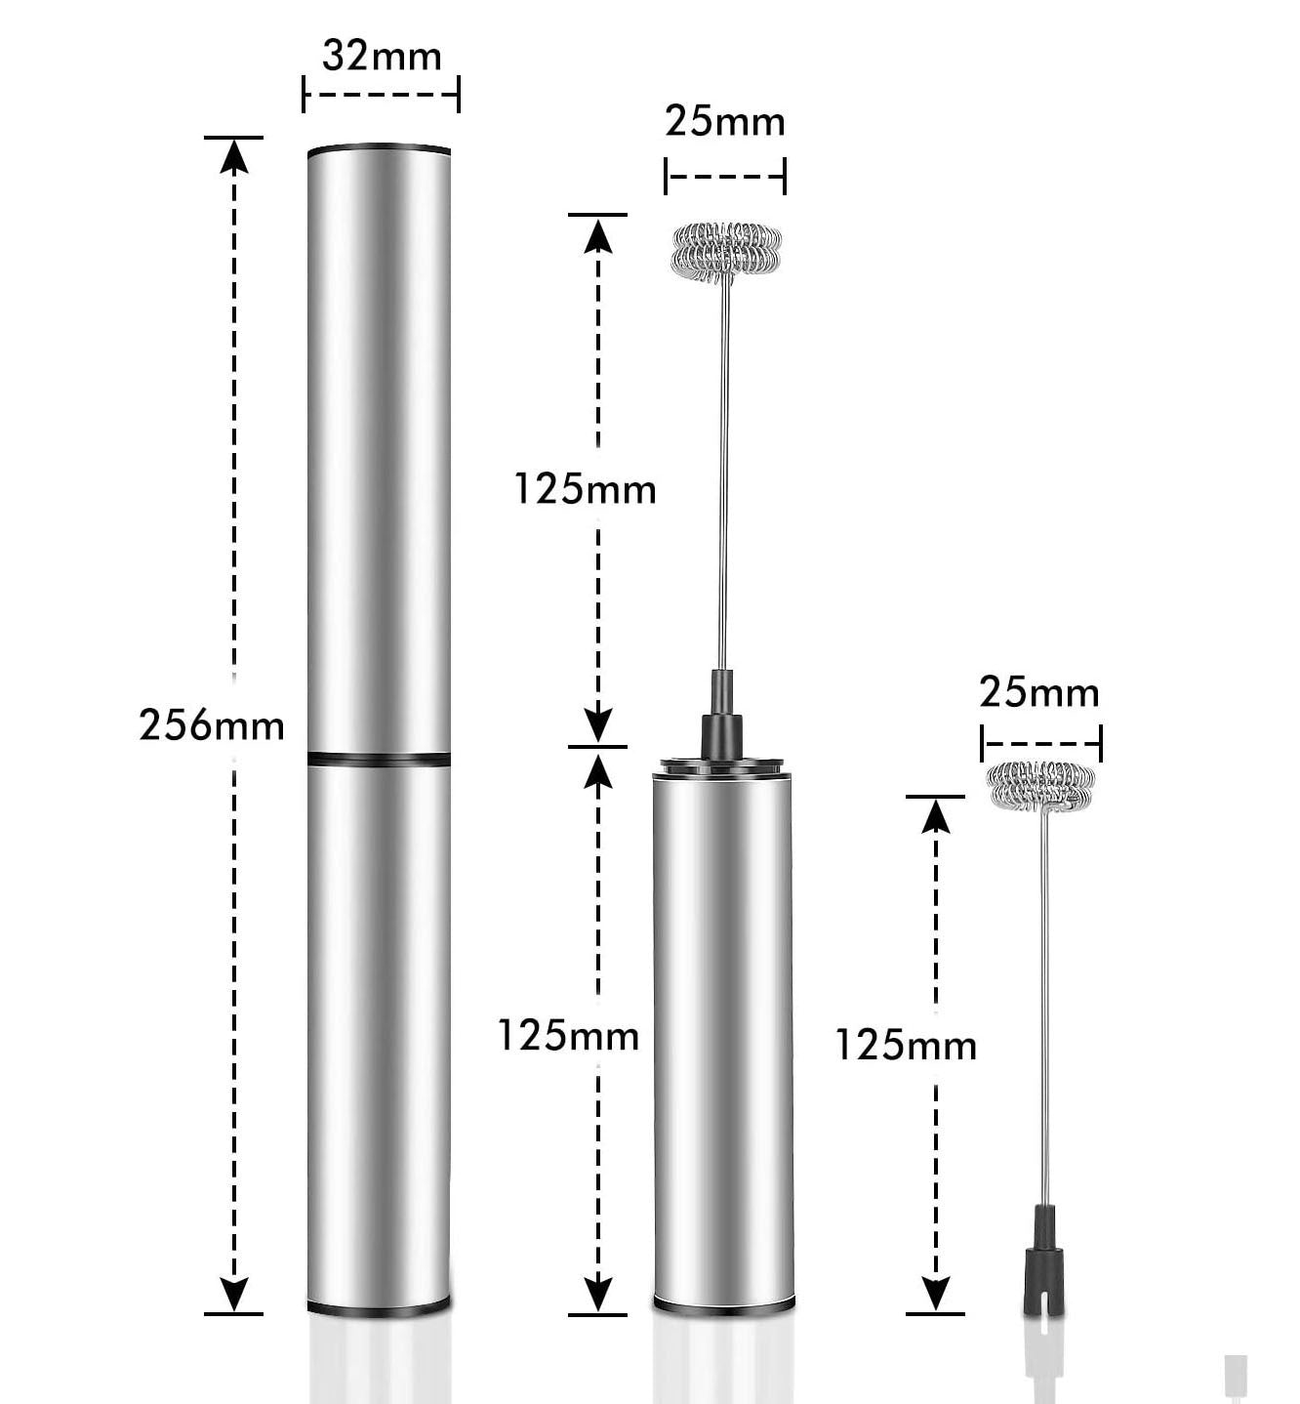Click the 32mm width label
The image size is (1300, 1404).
click(x=382, y=56)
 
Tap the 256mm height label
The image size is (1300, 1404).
click(x=212, y=725)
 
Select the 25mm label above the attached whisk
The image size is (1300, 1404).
click(x=725, y=121)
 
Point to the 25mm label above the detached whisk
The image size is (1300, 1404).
click(x=1039, y=692)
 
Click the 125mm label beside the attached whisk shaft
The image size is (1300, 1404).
click(x=585, y=488)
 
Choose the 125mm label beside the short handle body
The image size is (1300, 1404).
click(x=568, y=1035)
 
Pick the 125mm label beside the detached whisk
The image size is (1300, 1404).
click(x=906, y=1046)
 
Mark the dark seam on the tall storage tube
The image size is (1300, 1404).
click(x=380, y=759)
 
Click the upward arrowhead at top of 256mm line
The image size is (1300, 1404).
click(x=234, y=156)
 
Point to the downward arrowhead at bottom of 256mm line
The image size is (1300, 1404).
click(x=234, y=1294)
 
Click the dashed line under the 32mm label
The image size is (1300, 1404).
click(x=381, y=96)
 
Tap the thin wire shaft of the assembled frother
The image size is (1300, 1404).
click(x=725, y=469)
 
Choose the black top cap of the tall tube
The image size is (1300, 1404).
click(x=380, y=150)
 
